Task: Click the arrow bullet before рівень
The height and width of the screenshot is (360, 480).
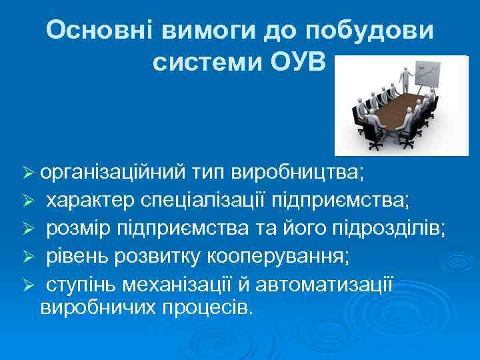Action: [27, 257]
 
